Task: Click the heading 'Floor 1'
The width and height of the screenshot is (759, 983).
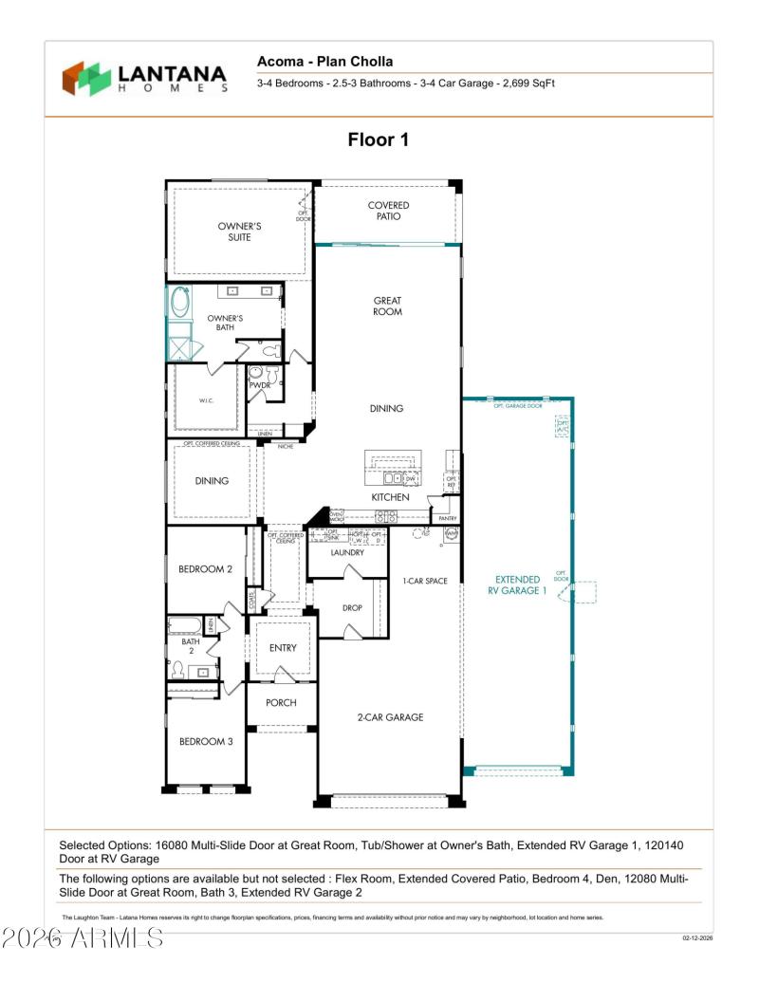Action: tap(378, 139)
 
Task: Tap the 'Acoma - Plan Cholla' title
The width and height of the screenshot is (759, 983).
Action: tap(324, 62)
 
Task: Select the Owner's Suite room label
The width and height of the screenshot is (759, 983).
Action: tap(239, 232)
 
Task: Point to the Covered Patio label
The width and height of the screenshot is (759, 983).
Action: tap(388, 211)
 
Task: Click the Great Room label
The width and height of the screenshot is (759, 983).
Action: tap(387, 306)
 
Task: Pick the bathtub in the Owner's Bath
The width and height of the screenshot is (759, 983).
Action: tap(179, 303)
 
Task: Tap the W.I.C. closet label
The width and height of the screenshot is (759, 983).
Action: tap(206, 400)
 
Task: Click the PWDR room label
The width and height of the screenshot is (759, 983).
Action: tap(260, 386)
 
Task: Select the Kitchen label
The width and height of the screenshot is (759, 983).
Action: tap(390, 497)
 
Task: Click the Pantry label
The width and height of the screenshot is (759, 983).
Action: tap(448, 519)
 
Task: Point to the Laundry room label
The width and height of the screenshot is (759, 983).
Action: tap(347, 552)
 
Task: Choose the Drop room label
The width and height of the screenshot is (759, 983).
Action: tap(352, 608)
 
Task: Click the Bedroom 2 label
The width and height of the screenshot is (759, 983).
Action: tap(206, 569)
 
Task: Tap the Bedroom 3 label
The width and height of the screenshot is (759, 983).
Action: tap(206, 741)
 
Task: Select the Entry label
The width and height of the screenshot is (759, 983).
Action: tap(283, 648)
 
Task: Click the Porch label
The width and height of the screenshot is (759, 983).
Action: tap(281, 703)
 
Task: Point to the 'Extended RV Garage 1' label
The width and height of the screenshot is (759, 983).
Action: tap(519, 584)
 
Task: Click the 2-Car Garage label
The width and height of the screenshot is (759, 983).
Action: tap(391, 717)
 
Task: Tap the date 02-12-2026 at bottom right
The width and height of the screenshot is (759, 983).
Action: tap(696, 938)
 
